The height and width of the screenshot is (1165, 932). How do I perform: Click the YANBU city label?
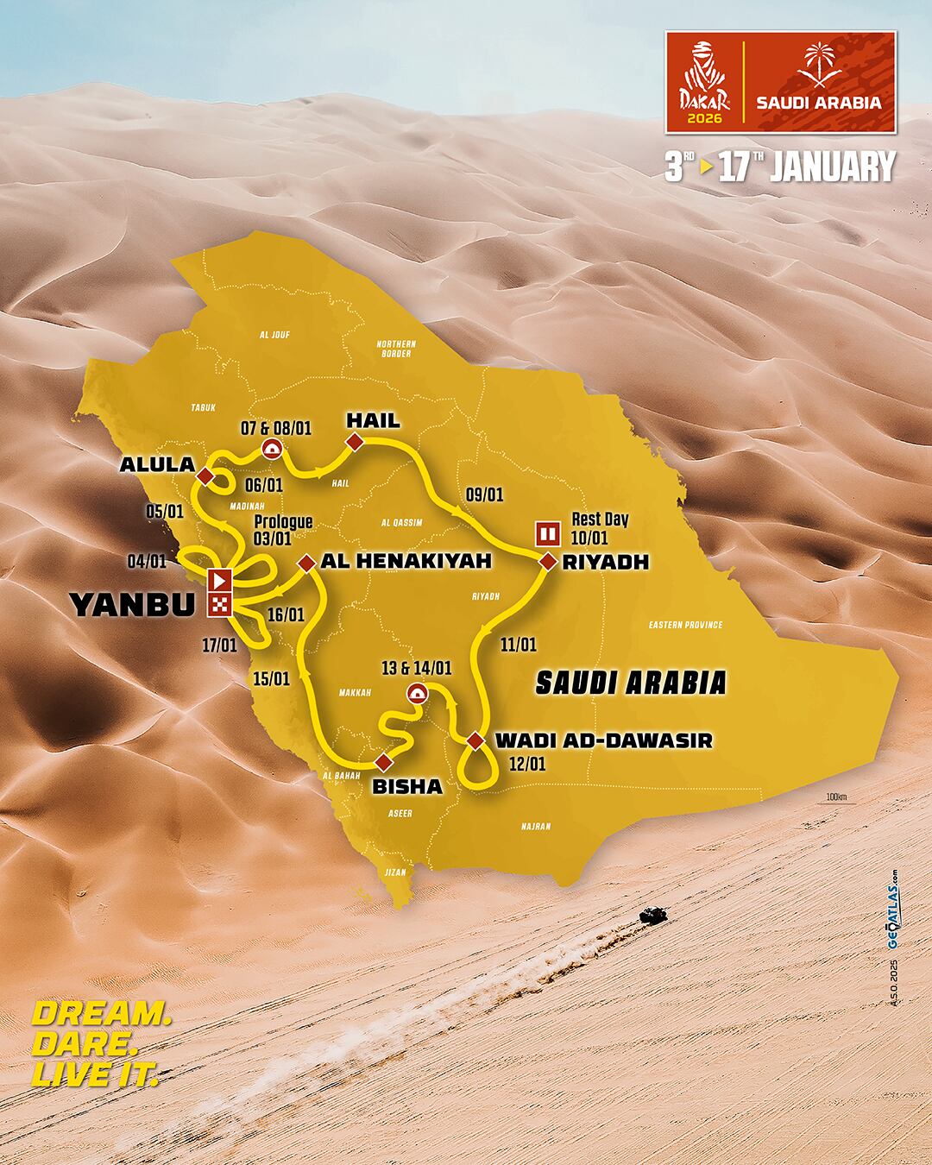click(x=132, y=605)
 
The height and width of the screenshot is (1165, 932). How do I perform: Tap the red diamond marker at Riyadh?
click(x=547, y=562)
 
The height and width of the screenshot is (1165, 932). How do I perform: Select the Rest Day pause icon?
click(x=548, y=532)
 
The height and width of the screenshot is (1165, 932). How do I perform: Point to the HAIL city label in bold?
click(x=373, y=421)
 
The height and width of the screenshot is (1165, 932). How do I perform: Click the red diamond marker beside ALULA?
click(x=205, y=476)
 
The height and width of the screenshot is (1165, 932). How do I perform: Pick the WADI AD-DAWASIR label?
click(x=604, y=740)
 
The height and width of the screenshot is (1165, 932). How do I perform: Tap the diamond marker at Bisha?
click(x=382, y=761)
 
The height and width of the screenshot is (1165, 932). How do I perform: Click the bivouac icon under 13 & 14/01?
click(x=418, y=692)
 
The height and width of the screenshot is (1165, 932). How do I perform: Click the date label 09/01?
click(x=484, y=494)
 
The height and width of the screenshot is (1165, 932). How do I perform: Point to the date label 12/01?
click(x=527, y=764)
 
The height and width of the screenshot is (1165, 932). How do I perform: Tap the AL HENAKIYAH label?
click(x=406, y=561)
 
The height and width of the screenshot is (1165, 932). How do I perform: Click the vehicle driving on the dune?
click(x=649, y=914)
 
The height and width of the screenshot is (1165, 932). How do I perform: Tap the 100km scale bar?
click(x=836, y=798)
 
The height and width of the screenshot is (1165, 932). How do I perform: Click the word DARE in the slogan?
click(x=85, y=1043)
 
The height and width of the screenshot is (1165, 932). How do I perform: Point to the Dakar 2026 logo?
click(x=704, y=83)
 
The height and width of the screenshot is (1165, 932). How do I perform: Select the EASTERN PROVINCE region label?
click(x=685, y=625)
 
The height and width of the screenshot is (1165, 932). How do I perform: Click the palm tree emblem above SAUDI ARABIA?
click(x=818, y=66)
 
